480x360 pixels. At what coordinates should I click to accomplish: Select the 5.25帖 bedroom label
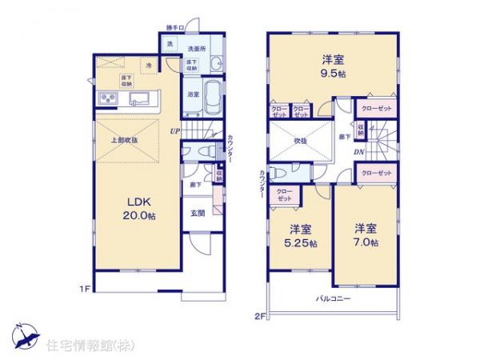pyautogui.click(x=301, y=235)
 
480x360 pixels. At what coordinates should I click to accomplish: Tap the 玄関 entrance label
pyautogui.click(x=198, y=213)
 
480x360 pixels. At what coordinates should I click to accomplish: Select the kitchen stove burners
pyautogui.click(x=108, y=98)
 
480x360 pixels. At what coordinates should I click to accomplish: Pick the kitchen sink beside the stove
pyautogui.click(x=138, y=98)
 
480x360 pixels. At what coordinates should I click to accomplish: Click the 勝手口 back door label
pyautogui.click(x=174, y=29)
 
